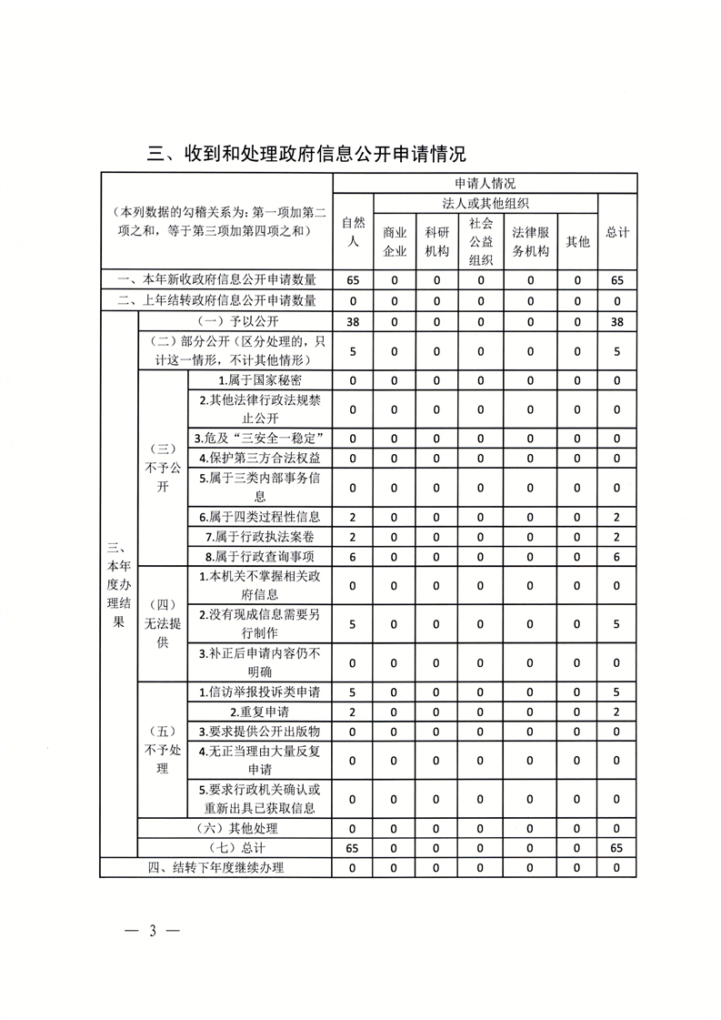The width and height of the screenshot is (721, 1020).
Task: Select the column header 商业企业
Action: point(395,241)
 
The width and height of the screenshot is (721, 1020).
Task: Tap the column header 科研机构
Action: point(436,241)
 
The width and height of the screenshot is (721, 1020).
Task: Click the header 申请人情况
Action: point(485,183)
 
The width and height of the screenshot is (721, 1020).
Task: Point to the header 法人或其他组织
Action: point(485,202)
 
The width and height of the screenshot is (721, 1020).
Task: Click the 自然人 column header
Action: point(353,232)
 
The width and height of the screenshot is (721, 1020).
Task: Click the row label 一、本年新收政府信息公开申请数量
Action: point(216,280)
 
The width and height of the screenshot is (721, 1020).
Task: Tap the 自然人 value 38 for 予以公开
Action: point(353,321)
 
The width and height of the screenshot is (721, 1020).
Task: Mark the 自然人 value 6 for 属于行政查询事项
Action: point(353,555)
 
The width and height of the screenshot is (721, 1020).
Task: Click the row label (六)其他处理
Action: point(235,828)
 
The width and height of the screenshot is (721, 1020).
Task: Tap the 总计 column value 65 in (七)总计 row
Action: point(617,848)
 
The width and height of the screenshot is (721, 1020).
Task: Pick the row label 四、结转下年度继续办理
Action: point(216,868)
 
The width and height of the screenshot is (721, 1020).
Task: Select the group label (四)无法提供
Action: point(162,623)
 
